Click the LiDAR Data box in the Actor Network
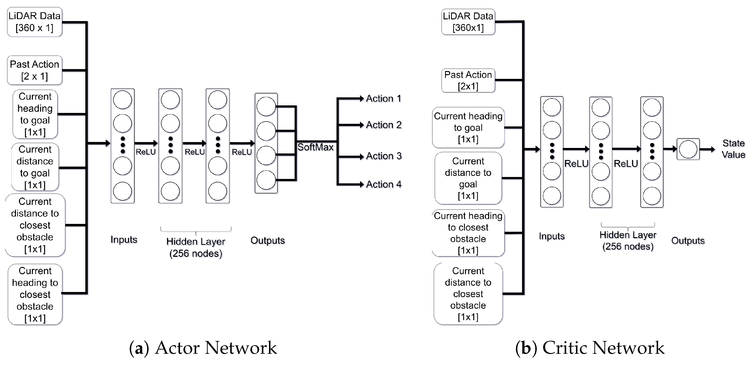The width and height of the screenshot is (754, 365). pos(35,22)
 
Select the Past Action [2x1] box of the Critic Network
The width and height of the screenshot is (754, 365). pos(468,80)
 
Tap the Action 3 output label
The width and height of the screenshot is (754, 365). pos(383,156)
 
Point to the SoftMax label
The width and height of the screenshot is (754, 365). pos(315,147)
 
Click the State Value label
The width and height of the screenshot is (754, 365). pos(733,149)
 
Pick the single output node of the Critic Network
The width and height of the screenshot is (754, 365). pos(688,149)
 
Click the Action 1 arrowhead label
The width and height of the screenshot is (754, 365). pos(383,98)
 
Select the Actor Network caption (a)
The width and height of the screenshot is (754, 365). pos(203,348)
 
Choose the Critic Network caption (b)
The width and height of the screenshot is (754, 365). pos(590,348)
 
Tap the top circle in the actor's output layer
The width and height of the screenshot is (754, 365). pos(266,107)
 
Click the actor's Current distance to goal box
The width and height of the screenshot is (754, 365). pos(35,167)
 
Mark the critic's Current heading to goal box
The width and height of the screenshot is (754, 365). pos(468,128)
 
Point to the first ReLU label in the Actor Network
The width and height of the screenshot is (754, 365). pos(145,152)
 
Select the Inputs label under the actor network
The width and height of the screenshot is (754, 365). pos(124,240)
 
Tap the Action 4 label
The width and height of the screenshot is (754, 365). pos(383,184)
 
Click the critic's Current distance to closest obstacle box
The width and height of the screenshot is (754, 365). pos(468,294)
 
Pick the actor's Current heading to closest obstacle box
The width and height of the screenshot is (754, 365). pos(35,294)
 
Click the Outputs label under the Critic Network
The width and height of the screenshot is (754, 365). pos(688,241)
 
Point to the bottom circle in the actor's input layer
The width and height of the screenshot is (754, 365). pos(122,191)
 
